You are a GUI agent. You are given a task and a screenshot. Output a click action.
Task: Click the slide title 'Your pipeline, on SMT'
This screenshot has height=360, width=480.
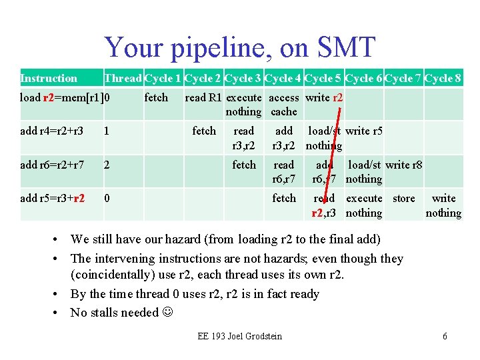click(x=240, y=47)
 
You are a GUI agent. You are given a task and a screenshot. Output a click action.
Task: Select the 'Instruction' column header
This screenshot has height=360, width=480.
click(x=49, y=79)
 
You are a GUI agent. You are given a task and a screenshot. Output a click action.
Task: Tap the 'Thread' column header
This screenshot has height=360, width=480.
click(x=123, y=79)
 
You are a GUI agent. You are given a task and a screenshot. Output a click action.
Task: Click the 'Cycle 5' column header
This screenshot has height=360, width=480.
click(x=323, y=79)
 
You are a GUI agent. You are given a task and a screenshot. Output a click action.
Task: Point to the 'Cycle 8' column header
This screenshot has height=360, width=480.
click(x=443, y=79)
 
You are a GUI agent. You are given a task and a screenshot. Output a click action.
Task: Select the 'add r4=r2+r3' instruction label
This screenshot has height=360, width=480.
click(x=52, y=131)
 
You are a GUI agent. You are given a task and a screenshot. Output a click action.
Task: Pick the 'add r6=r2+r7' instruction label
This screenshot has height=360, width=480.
click(x=52, y=165)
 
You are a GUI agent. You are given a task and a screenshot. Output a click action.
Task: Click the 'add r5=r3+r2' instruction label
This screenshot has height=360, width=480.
click(x=52, y=198)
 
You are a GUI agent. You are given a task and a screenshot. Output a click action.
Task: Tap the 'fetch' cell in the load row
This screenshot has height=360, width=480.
click(x=156, y=98)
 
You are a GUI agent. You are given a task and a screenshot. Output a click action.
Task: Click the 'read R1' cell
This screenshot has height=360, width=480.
click(x=203, y=98)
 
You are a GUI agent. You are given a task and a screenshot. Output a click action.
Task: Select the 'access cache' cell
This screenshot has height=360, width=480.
click(x=284, y=105)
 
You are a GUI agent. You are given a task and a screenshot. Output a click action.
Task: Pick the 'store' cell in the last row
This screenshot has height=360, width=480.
click(x=403, y=198)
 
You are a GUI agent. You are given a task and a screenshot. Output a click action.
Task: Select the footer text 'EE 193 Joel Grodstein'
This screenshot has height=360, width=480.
click(x=239, y=336)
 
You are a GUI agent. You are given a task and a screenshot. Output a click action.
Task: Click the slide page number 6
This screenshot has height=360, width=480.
click(x=445, y=336)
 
